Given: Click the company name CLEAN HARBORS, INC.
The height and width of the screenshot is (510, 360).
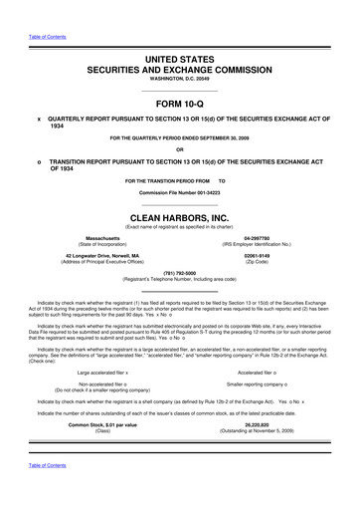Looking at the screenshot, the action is (x=180, y=212).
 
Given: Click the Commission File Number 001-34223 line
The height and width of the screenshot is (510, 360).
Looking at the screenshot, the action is (x=180, y=191).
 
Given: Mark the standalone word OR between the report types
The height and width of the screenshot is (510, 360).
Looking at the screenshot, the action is (x=180, y=151).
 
